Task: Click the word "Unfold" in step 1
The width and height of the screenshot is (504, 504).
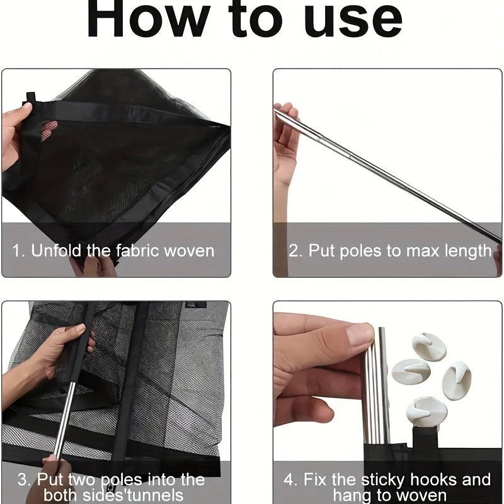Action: click(x=56, y=250)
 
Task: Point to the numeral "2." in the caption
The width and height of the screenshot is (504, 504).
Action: click(x=295, y=251)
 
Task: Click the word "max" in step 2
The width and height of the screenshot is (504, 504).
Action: click(x=423, y=251)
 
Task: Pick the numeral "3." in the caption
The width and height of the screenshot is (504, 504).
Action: click(x=25, y=479)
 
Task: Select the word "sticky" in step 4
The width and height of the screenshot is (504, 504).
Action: click(x=383, y=480)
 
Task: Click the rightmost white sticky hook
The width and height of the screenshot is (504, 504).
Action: click(x=457, y=380)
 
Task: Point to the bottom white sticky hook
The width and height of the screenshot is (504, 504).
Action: click(x=425, y=412)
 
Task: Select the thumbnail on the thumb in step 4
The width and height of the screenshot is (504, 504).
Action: click(x=360, y=335)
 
